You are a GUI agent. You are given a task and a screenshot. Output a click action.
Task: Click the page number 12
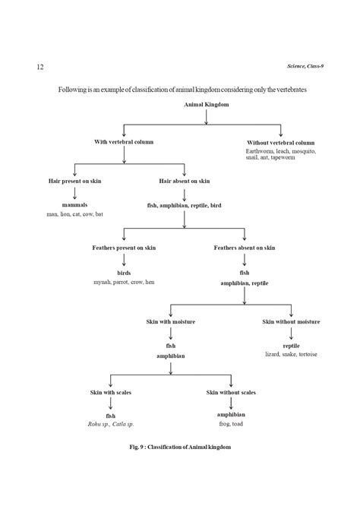(x=39, y=68)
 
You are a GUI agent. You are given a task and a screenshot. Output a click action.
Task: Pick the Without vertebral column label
(x=281, y=143)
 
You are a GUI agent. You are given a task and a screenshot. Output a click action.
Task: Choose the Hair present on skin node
(x=74, y=181)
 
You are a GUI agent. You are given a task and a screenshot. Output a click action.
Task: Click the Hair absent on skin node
(x=185, y=181)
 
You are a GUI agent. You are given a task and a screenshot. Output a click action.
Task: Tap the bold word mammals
(x=74, y=206)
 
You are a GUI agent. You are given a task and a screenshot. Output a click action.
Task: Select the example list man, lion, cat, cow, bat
(x=74, y=214)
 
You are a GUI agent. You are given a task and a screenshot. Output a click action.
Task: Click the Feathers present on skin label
(x=123, y=248)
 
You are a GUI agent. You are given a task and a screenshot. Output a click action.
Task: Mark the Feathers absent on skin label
(x=245, y=248)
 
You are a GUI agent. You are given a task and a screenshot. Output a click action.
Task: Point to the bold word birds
(x=123, y=273)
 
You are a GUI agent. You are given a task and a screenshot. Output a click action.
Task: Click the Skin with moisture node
(x=171, y=321)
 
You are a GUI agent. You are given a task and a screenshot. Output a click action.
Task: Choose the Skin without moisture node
(x=292, y=321)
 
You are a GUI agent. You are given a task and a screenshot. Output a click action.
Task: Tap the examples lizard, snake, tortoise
(x=292, y=354)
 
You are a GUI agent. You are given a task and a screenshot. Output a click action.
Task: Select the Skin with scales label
(x=110, y=392)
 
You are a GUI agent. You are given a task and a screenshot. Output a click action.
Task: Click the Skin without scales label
(x=230, y=392)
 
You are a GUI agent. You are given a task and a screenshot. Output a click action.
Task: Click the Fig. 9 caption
(x=179, y=447)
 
